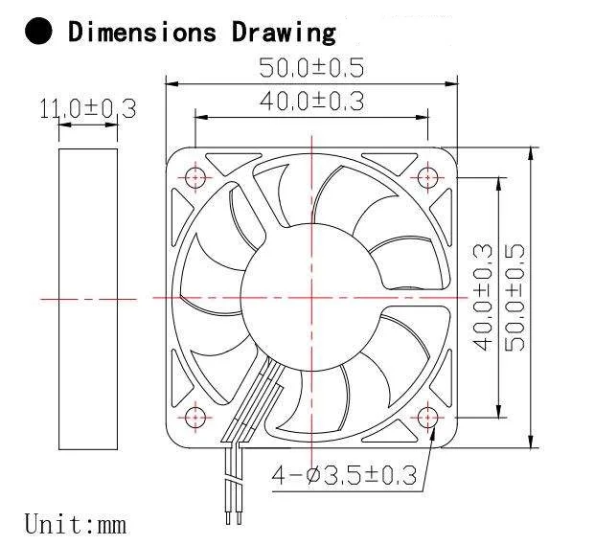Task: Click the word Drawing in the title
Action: coord(284,32)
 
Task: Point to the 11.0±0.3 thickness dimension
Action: coord(87,108)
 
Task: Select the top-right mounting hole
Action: coord(426,177)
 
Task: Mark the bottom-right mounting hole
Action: coord(426,418)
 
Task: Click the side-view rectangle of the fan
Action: coord(87,297)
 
